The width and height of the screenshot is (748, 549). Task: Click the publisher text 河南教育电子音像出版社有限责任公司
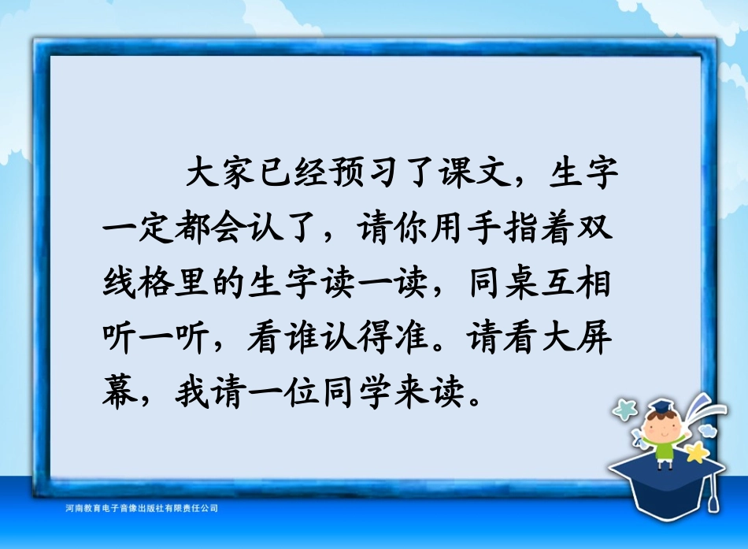[143, 509]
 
